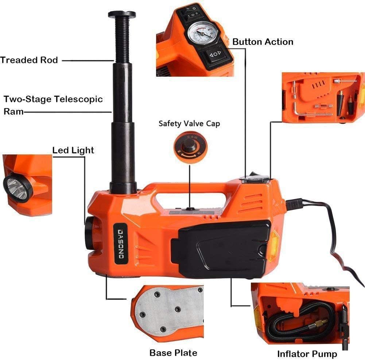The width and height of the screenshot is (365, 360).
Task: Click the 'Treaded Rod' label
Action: (x=29, y=60)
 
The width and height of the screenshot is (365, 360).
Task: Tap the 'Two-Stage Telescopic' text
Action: (x=53, y=99)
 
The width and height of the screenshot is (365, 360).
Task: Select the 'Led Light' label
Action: (x=73, y=150)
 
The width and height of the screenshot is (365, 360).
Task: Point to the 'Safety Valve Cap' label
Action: (x=189, y=123)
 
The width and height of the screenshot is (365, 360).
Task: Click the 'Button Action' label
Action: (x=263, y=42)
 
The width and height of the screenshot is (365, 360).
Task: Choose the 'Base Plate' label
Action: (x=174, y=353)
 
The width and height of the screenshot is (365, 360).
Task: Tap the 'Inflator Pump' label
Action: (x=307, y=354)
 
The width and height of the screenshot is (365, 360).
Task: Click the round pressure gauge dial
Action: (x=202, y=33)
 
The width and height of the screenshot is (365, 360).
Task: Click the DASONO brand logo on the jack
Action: (x=120, y=244)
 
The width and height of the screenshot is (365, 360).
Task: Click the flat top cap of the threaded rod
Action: (x=122, y=14)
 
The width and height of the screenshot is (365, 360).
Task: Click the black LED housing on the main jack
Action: (x=89, y=233)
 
